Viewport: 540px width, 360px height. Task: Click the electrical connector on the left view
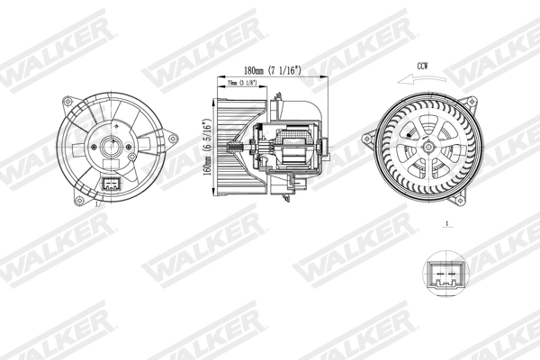[112, 185]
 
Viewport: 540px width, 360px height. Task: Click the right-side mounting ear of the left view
[169, 139]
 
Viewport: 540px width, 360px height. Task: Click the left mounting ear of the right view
[369, 139]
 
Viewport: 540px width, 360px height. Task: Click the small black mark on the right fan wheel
[409, 138]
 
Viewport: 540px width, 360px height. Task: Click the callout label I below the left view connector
[97, 206]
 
